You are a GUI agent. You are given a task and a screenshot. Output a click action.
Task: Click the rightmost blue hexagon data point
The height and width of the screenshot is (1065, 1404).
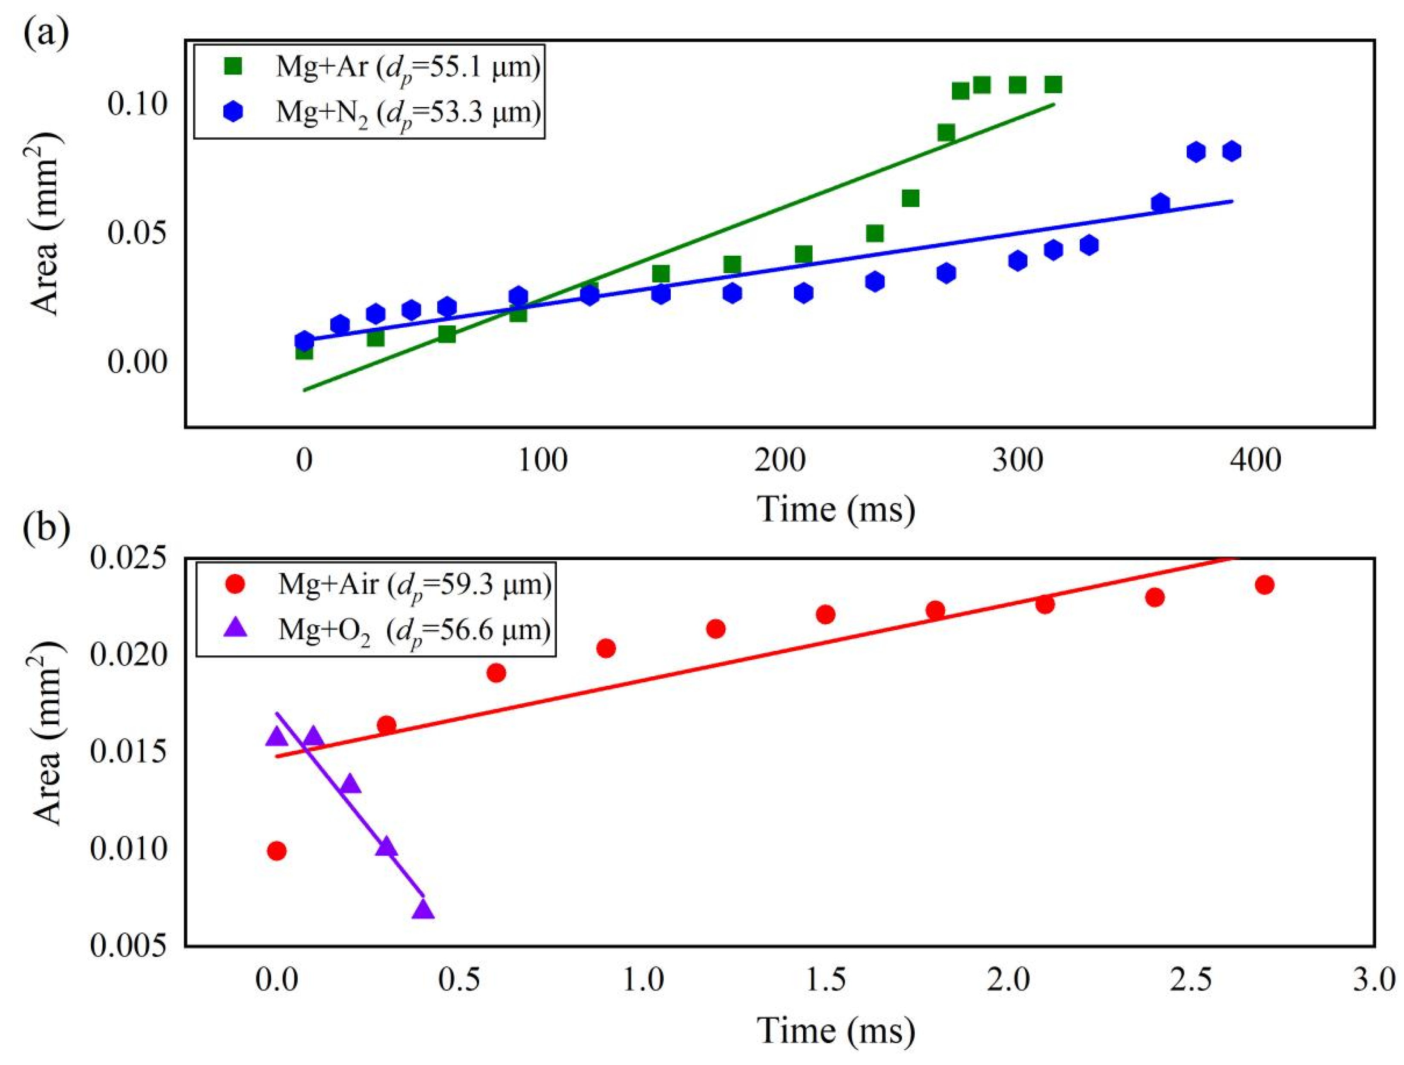tap(1231, 151)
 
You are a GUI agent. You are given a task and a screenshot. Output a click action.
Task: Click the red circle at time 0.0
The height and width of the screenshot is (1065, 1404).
tap(276, 851)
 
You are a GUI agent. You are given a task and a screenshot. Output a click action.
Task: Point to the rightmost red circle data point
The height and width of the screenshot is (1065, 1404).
tap(1264, 585)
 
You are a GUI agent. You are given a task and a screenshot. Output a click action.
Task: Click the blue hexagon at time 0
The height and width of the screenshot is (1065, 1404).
tap(304, 340)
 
